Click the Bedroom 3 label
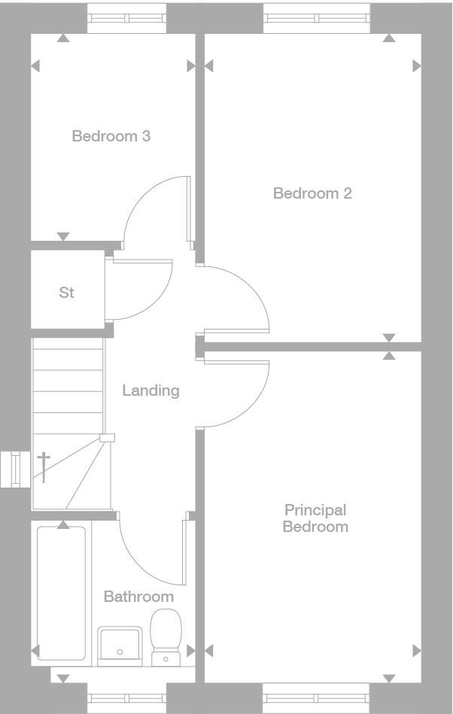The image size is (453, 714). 111,136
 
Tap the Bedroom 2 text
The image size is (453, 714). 312,193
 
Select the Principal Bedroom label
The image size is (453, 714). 315,518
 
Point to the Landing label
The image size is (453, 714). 150,390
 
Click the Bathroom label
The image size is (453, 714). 138,597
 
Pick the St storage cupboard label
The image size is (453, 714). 67,293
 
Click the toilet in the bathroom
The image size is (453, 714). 166,636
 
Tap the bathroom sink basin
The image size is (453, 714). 120,644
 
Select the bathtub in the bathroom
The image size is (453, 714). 61,593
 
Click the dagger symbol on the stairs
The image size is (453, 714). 44,466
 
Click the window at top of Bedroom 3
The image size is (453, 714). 126,18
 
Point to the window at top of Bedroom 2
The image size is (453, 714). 316,18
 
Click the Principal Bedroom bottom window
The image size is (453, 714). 316,697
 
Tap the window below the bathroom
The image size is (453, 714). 126,697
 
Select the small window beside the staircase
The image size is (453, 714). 15,469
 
